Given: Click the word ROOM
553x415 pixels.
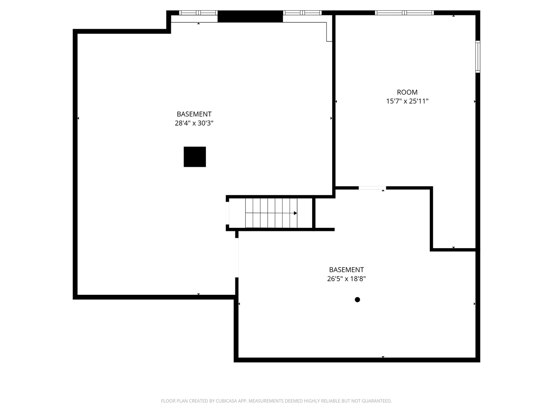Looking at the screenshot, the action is pos(407,92).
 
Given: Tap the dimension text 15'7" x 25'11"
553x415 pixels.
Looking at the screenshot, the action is pos(407,101).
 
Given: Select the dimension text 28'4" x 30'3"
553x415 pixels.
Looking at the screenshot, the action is pos(194,123).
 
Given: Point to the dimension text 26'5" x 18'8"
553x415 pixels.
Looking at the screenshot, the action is pos(346,279).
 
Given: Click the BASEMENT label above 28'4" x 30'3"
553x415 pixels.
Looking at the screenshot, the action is pos(194,114).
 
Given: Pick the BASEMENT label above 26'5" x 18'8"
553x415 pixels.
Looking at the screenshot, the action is pos(346,270).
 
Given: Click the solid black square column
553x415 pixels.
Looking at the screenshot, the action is pos(194,157).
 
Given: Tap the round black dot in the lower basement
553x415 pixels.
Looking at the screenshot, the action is pos(357,300).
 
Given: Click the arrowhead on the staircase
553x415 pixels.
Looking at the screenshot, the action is pos(295,213).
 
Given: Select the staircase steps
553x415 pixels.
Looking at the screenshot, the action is pos(271,213).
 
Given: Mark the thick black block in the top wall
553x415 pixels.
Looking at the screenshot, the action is pos(250,17).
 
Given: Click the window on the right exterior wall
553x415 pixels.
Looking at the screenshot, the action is pos(478,57).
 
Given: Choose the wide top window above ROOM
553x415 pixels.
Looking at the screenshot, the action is pos(404,13).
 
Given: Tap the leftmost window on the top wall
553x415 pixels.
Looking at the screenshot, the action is pos(198,13).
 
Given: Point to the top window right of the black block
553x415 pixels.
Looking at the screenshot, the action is pos(302,13).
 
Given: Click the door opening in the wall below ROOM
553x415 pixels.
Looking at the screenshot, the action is pos(372,188).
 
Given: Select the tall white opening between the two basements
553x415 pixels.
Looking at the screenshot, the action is pos(237,258).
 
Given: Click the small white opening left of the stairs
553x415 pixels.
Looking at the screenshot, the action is pos(227,213).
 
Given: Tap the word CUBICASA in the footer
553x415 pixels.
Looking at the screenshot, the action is pos(226,401).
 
